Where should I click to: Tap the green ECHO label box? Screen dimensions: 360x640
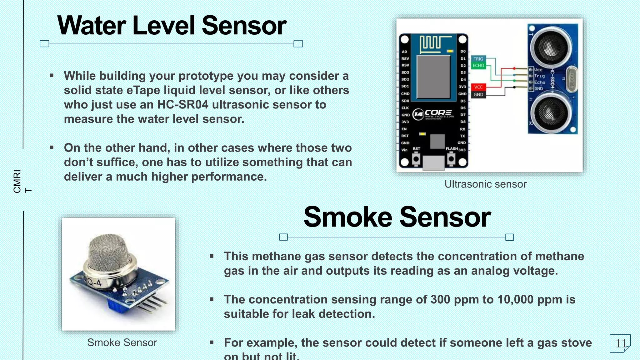[x=478, y=66]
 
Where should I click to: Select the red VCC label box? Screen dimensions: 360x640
[x=478, y=87]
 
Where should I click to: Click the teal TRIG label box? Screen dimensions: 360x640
[x=478, y=59]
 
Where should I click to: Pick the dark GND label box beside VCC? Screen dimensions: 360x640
[x=478, y=94]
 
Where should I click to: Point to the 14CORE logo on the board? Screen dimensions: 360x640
[x=433, y=114]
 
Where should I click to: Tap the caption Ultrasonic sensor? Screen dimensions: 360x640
[x=485, y=184]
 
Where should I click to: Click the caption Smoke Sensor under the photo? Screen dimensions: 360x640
[x=122, y=342]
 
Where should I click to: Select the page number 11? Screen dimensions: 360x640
[x=620, y=343]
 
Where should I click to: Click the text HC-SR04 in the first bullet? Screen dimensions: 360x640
[x=182, y=105]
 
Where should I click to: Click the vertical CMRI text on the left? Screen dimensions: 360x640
[x=17, y=181]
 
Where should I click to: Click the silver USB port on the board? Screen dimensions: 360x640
[x=433, y=162]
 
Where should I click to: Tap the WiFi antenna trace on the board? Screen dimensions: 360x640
[x=431, y=44]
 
